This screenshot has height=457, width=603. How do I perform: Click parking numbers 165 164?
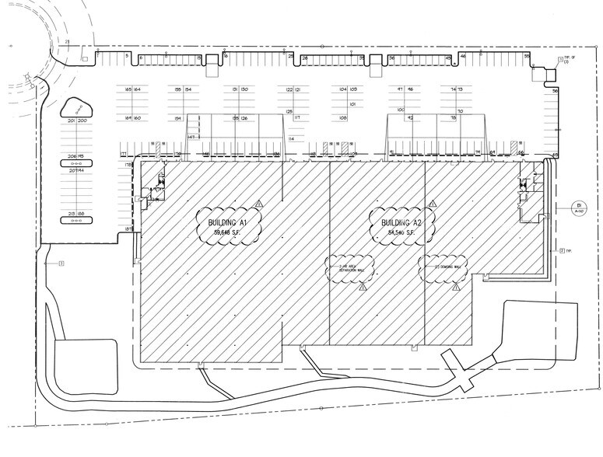pyautogui.click(x=131, y=90)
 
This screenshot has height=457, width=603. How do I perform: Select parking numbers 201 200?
pyautogui.click(x=76, y=122)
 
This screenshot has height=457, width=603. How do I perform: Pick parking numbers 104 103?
pyautogui.click(x=348, y=90)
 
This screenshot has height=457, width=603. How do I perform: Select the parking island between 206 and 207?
pyautogui.click(x=76, y=164)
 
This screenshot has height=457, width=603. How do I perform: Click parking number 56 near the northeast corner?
pyautogui.click(x=556, y=91)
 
